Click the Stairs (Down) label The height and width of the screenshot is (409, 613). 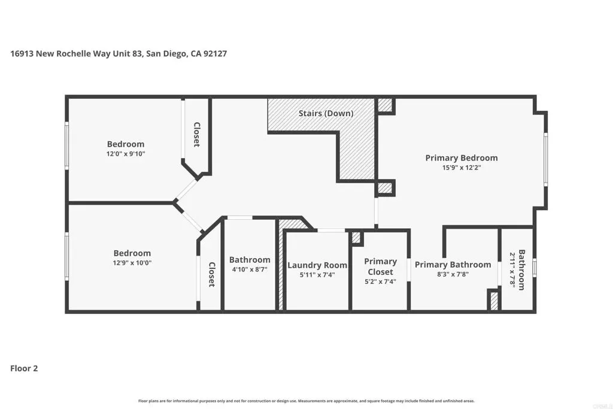tap(326, 113)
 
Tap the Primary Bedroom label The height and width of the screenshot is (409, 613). tap(462, 158)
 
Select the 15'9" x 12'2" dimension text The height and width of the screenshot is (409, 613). tap(462, 168)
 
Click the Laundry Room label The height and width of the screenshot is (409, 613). tap(317, 265)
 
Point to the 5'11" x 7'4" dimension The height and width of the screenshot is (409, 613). tap(317, 275)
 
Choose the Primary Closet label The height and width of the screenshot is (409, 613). tap(380, 266)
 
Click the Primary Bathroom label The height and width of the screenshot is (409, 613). tap(453, 265)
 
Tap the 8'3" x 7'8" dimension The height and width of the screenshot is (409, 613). tap(453, 274)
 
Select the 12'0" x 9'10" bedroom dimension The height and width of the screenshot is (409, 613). tap(126, 154)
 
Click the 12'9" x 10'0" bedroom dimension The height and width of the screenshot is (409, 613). tap(132, 263)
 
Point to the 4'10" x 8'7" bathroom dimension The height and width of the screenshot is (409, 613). tap(250, 269)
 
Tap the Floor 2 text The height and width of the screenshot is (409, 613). tap(24, 368)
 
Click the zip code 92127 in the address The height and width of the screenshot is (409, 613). tap(215, 53)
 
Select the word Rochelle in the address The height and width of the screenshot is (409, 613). tap(74, 53)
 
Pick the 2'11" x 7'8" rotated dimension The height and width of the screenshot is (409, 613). tap(512, 270)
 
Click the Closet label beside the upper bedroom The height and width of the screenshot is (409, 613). tap(196, 135)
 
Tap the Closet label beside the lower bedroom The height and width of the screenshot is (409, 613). tap(211, 274)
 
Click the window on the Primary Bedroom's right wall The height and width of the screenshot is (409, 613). tap(546, 159)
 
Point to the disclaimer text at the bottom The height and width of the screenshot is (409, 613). tap(306, 401)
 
